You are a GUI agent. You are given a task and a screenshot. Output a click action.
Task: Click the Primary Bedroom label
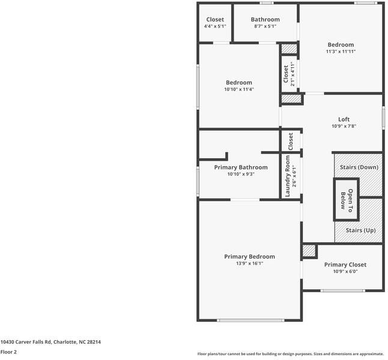pos(249,256)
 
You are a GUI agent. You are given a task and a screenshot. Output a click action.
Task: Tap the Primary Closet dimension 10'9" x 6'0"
pos(345,271)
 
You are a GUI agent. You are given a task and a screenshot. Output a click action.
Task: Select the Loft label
pos(344,119)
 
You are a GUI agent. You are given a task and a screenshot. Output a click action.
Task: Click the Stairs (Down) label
pos(359,167)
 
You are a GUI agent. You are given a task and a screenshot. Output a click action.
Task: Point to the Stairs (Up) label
pos(361,230)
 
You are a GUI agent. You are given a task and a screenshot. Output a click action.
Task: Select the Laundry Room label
pos(288,176)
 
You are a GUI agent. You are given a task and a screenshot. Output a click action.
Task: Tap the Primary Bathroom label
pos(241,167)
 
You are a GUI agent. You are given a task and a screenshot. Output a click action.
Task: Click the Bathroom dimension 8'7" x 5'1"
pos(265,26)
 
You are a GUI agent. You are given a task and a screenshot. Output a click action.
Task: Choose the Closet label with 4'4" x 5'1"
pos(214,20)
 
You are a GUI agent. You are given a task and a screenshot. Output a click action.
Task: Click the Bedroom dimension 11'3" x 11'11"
pos(341,52)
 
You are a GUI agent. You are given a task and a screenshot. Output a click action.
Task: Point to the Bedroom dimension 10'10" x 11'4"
pos(238,89)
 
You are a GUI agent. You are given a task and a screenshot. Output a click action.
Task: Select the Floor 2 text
pos(8,352)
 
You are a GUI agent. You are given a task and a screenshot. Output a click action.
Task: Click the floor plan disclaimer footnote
pos(291,353)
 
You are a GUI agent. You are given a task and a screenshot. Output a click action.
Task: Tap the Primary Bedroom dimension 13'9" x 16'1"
pos(249,263)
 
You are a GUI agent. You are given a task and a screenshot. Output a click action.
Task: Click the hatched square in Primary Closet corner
pos(309,251)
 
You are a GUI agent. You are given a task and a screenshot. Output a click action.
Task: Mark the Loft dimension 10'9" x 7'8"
pos(344,126)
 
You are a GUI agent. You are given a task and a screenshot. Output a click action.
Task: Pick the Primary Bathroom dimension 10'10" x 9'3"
pos(241,174)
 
